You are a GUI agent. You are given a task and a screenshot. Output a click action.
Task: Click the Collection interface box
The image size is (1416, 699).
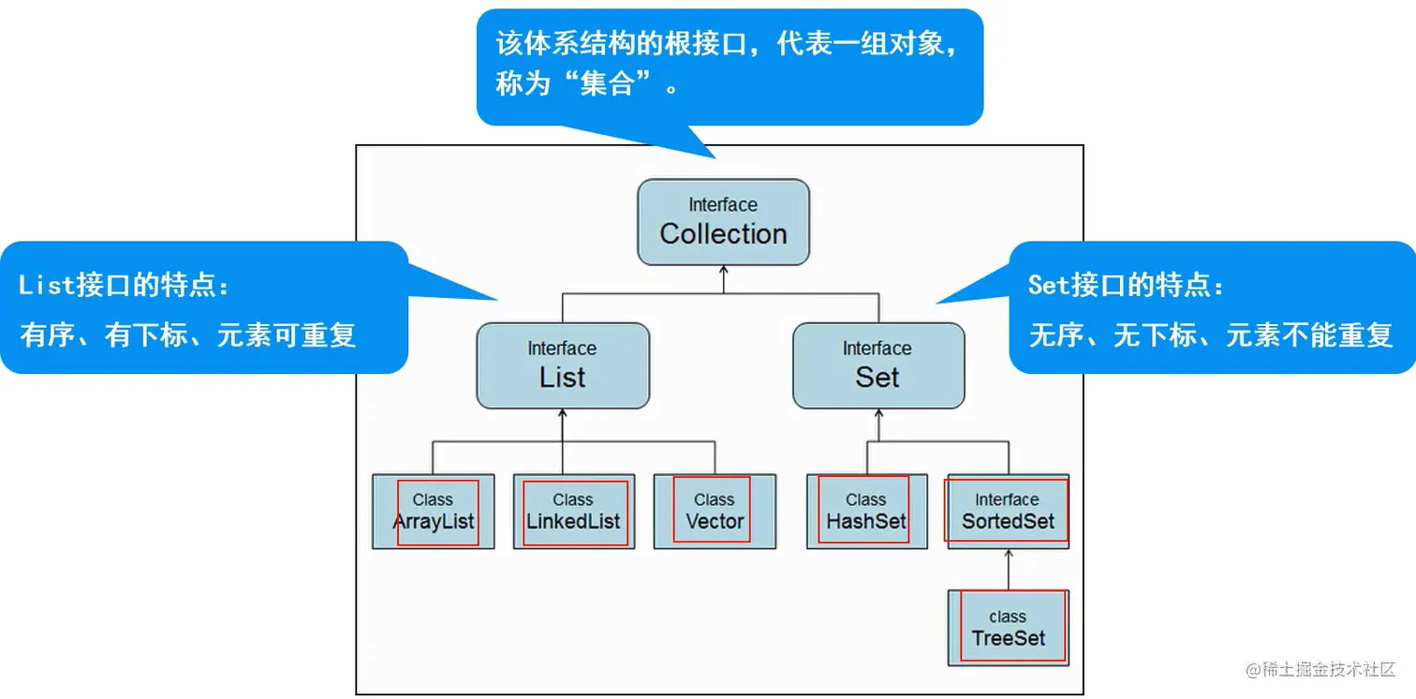(723, 222)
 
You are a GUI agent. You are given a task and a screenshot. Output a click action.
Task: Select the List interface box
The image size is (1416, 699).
(562, 365)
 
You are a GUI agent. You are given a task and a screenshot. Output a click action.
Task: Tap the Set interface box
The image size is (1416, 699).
(878, 365)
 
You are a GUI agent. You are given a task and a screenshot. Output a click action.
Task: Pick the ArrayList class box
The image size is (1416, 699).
(433, 512)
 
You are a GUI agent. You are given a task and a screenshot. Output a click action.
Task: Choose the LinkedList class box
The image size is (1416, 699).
(572, 512)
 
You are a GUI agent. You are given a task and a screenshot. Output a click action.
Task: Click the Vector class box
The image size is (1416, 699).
(715, 512)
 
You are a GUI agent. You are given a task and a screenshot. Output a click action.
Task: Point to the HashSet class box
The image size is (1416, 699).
(866, 512)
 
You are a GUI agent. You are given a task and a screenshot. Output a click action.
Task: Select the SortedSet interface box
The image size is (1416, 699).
(1008, 512)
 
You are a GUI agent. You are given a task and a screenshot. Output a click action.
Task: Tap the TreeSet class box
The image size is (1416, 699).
(1008, 628)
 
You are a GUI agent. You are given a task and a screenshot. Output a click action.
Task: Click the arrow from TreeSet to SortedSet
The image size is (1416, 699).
(1008, 570)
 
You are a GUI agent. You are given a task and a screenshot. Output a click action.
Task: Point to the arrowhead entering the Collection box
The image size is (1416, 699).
(723, 271)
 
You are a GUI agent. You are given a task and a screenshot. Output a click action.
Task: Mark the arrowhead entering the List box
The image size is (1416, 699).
(562, 414)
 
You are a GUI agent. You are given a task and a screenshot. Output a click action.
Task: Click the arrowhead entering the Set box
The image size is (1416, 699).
(878, 414)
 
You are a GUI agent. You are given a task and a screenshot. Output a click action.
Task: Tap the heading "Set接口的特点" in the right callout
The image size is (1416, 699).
(1126, 286)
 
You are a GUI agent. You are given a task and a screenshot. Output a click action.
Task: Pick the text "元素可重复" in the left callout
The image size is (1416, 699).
(287, 335)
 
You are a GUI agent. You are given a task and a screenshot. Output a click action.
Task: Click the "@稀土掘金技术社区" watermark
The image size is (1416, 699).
(1320, 669)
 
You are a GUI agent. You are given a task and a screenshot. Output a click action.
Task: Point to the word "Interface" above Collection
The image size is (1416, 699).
(723, 204)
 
